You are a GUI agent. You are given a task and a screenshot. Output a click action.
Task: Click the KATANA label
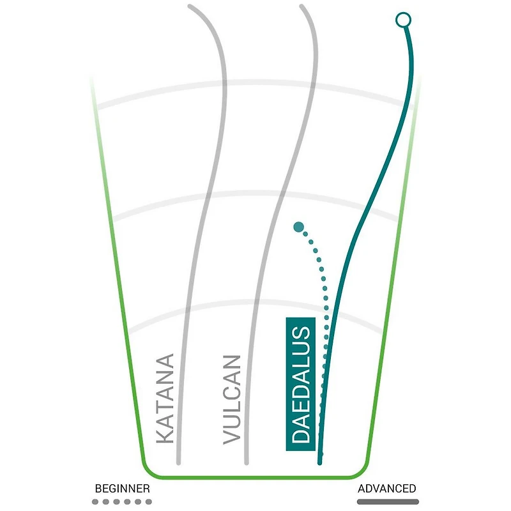coord(165,399)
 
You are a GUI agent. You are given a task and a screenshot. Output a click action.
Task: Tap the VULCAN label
coord(232,400)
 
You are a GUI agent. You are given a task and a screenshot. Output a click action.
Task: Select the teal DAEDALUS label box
coord(300,384)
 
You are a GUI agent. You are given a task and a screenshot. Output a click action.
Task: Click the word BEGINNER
coord(122,489)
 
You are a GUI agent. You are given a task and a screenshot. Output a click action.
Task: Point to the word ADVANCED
coord(387,489)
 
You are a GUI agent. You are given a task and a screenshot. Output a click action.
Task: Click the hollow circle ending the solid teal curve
coord(403,20)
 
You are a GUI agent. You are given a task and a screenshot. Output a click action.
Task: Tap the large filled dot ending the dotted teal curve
coord(298,227)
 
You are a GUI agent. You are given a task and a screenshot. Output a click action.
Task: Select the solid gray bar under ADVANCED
coord(388,501)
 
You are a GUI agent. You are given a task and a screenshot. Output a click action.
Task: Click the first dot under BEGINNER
coord(95,501)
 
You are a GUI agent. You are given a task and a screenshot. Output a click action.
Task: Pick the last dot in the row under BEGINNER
coord(149,501)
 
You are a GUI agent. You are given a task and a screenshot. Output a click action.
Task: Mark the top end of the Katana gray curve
coord(190,6)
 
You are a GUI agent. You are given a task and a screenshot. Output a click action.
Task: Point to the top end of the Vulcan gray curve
coord(301,6)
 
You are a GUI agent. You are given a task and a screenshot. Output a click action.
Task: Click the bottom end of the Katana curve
coord(178,462)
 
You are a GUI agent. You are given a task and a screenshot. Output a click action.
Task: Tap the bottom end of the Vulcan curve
coord(247,462)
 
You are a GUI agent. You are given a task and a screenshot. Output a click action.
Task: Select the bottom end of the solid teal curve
coord(320,462)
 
